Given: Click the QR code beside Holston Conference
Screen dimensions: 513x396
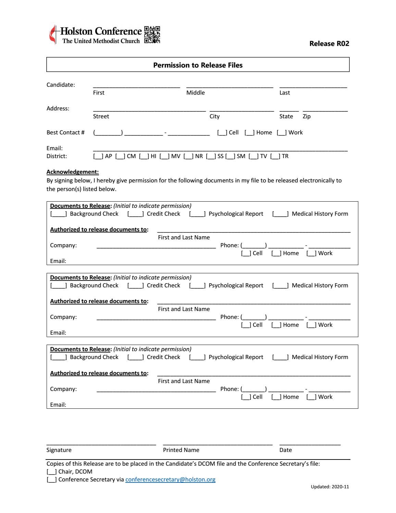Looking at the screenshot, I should pos(152,35).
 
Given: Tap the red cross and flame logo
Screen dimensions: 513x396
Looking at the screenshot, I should pos(53,35).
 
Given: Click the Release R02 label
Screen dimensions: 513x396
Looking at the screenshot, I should pos(329,44).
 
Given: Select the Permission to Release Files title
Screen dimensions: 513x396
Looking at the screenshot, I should pos(198,65).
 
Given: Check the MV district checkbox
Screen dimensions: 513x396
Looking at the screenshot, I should pos(164,156).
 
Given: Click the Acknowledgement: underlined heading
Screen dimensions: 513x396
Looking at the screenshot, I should pos(73,172).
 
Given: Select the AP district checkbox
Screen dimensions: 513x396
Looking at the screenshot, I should pos(98,156).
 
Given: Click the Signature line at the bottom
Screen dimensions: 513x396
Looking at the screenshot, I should pos(101,444).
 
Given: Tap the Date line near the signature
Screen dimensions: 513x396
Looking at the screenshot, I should pos(310,444).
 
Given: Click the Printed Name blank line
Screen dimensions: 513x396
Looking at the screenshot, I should pos(218,444).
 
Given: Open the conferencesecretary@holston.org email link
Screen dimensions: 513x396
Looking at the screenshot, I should pos(170,480).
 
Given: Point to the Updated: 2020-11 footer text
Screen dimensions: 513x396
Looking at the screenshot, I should pos(330,487).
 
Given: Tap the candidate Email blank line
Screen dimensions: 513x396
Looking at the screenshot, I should pos(220,150).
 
